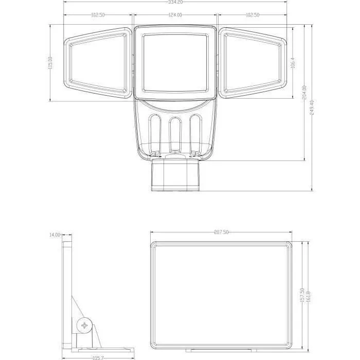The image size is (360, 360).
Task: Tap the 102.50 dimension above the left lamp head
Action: [98, 15]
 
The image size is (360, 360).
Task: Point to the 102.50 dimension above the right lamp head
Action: [253, 15]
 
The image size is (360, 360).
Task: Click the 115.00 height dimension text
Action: [50, 63]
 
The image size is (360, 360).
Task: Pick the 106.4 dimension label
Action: [292, 63]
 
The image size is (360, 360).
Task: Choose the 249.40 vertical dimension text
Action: [313, 107]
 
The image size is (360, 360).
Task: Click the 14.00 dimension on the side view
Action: [55, 235]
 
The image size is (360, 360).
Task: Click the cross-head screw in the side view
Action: [85, 325]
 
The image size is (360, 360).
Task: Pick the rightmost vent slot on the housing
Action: [194, 135]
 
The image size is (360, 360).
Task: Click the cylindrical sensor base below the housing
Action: [175, 175]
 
